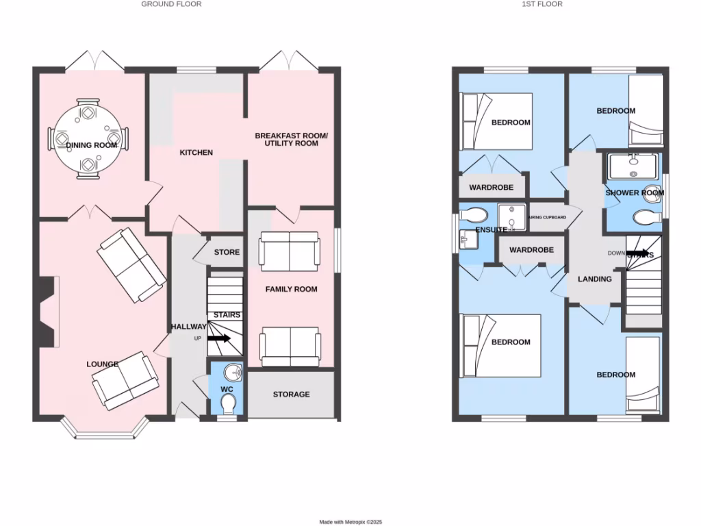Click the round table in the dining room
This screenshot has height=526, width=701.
[88, 138]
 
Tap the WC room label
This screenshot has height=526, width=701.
[227, 389]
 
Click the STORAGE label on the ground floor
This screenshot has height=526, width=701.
[291, 394]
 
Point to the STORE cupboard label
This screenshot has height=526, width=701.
[227, 252]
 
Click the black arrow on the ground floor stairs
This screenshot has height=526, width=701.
[219, 338]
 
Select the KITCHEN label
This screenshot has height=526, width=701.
[196, 153]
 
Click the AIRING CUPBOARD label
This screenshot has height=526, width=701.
[548, 217]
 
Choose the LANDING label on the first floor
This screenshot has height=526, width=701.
[594, 279]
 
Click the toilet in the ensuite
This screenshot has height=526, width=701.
[474, 213]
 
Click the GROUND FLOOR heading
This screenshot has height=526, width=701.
[171, 4]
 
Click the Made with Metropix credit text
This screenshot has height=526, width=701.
[350, 521]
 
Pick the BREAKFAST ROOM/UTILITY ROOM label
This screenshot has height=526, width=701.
[291, 140]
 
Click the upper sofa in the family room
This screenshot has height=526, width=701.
[288, 250]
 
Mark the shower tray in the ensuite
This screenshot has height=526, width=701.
[511, 215]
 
